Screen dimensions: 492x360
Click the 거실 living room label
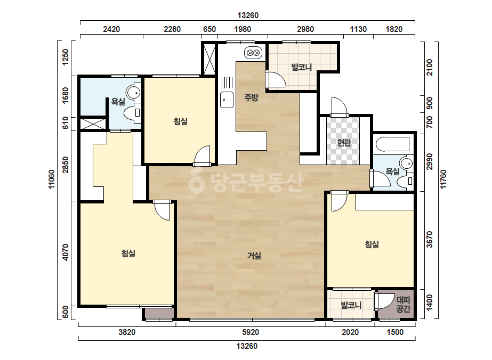[x=254, y=256]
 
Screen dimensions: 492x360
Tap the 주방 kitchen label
[x=251, y=97]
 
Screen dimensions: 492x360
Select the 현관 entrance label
[x=344, y=143]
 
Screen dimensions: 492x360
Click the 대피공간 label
[x=403, y=305]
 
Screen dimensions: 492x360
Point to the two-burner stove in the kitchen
[x=253, y=53]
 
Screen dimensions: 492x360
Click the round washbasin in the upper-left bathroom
[x=133, y=93]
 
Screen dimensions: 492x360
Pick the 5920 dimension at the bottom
[x=251, y=332]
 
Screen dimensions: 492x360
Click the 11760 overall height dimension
[x=443, y=179]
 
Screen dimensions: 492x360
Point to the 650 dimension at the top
[x=209, y=29]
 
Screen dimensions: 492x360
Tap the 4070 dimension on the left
[x=65, y=252]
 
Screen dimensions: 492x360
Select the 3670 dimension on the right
[x=430, y=239]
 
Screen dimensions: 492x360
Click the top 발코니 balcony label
[x=301, y=67]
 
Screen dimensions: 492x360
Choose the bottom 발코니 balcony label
[x=351, y=305]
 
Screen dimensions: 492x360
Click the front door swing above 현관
[x=340, y=107]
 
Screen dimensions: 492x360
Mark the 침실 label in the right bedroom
[x=372, y=244]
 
